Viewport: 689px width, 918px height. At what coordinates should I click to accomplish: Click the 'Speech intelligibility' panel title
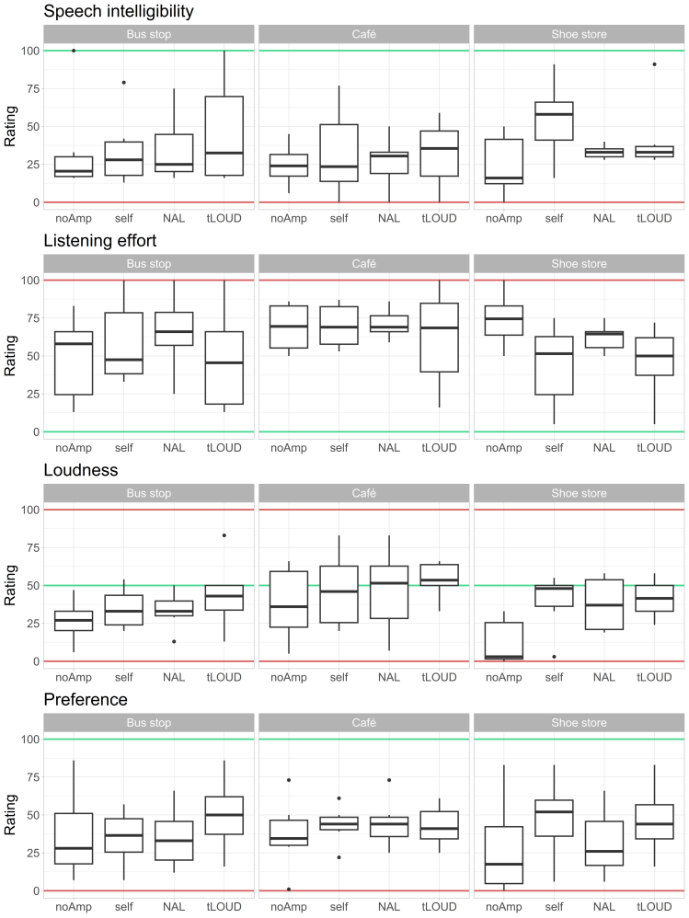coord(119,11)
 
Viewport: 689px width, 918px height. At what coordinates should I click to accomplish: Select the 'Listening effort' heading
coord(100,241)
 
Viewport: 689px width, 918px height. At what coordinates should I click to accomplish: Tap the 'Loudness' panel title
coord(81,470)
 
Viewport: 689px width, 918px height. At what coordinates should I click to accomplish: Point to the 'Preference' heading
coord(86,700)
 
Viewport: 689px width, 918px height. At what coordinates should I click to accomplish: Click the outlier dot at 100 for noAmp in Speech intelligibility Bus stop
coord(74,51)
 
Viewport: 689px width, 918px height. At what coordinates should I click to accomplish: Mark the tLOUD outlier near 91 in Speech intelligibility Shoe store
coord(654,64)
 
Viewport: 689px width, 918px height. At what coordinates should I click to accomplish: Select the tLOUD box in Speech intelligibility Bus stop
coord(224,136)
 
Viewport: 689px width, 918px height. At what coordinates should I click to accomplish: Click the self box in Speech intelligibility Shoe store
coord(554,121)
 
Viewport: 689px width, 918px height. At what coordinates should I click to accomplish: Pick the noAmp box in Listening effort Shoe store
coord(504,320)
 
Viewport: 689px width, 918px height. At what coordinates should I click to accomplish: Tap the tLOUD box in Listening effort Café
coord(439,338)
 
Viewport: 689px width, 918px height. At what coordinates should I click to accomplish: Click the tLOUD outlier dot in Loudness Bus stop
coord(224,535)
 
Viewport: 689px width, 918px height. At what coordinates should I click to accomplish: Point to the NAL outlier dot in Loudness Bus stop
coord(174,642)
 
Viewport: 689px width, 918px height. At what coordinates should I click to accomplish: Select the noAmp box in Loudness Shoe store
coord(504,641)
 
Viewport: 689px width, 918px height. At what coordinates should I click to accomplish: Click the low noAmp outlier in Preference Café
coord(289,889)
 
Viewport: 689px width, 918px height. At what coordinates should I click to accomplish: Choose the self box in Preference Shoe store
coord(554,818)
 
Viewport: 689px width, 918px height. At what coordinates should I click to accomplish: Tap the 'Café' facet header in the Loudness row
coord(364,494)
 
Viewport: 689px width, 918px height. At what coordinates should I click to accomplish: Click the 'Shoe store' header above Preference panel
coord(579,723)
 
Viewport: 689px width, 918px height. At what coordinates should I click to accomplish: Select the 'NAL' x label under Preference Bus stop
coord(174,907)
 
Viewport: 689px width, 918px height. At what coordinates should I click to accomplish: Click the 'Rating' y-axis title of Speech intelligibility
coord(10,126)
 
